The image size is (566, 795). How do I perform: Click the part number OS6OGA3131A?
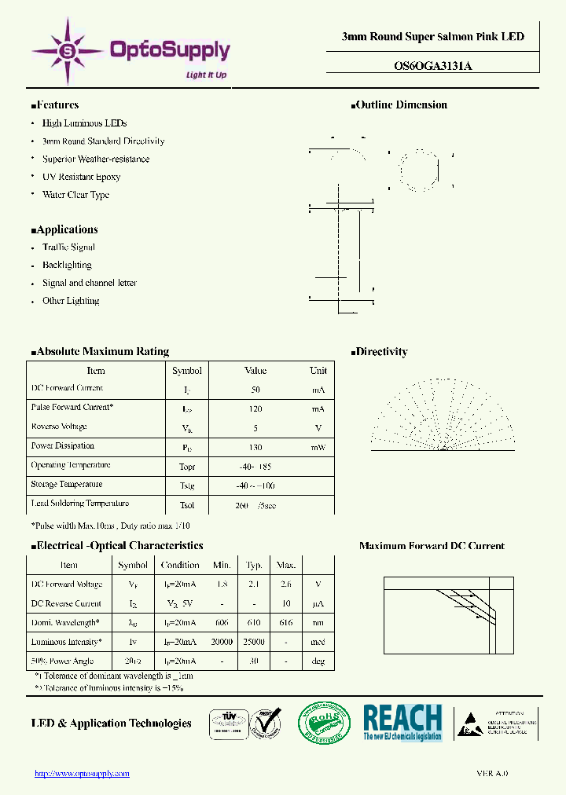(x=432, y=66)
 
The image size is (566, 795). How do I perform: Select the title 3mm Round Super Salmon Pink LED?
(x=432, y=37)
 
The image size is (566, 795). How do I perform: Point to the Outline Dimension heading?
(x=401, y=105)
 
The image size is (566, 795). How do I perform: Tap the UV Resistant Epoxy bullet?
(x=81, y=178)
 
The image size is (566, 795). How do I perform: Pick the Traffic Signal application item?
(x=68, y=247)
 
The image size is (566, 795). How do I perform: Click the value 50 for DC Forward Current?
(x=255, y=390)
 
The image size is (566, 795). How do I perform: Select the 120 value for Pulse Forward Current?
(x=255, y=408)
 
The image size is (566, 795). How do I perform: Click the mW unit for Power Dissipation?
(x=318, y=447)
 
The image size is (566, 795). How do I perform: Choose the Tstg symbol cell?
(x=186, y=485)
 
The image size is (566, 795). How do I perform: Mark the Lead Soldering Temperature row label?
(x=79, y=504)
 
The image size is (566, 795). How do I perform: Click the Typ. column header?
(x=254, y=565)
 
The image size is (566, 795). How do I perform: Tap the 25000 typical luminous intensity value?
(x=254, y=642)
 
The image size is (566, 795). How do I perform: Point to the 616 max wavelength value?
(x=286, y=623)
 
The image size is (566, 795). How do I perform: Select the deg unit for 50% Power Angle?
(x=318, y=661)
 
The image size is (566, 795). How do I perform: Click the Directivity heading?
(x=381, y=352)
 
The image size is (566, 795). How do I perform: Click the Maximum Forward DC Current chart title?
(x=432, y=546)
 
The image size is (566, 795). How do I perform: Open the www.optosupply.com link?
(x=82, y=774)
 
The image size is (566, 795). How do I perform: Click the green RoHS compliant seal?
(x=323, y=723)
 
